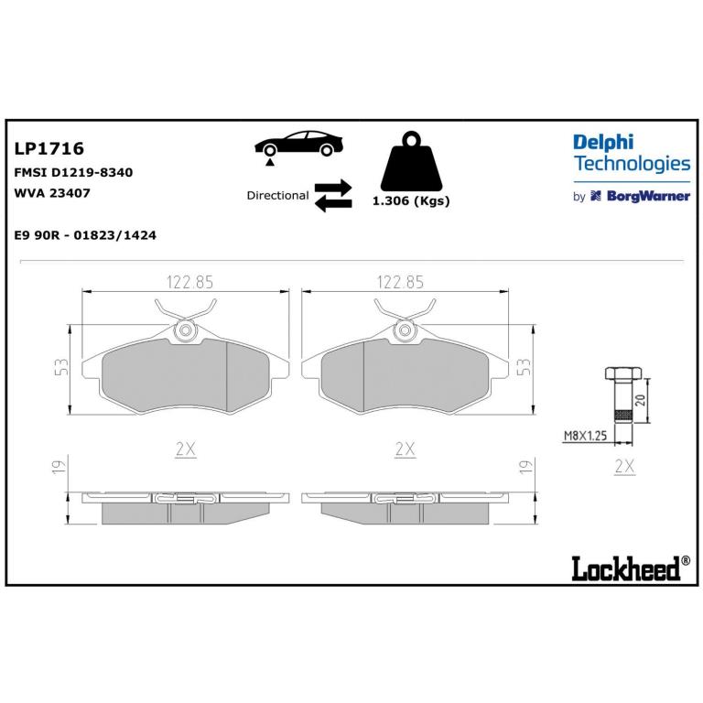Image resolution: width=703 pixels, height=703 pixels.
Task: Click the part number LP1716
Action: pos(49,148)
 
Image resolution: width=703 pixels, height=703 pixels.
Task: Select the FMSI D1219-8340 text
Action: pos(73,173)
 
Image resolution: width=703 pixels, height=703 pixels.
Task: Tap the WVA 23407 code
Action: pos(52,193)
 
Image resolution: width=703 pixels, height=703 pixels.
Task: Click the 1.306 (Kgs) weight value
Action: pos(411,200)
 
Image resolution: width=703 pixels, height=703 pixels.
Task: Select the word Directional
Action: pos(277,196)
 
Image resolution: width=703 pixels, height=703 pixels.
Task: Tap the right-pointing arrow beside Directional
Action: pos(333,188)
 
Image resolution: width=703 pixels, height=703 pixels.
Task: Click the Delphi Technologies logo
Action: pos(632,153)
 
